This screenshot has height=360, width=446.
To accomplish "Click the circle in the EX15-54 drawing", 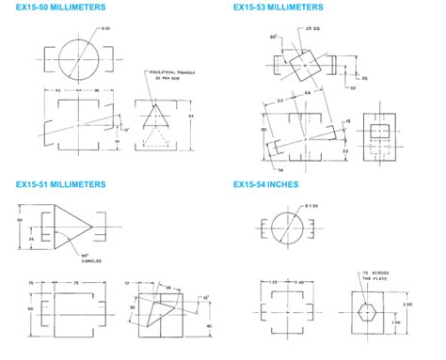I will tap(285, 230).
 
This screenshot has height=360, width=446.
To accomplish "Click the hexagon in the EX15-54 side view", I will tap(369, 314).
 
